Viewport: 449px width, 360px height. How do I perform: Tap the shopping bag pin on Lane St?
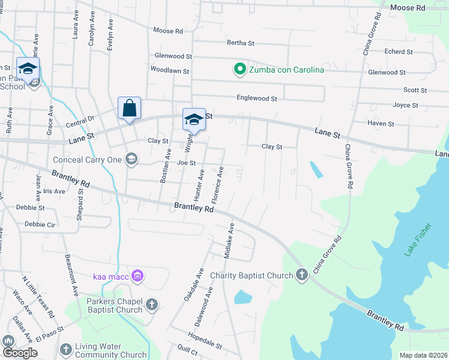click(129, 109)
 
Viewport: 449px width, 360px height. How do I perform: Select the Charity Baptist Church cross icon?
click(301, 275)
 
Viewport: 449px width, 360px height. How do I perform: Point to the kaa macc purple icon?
click(137, 276)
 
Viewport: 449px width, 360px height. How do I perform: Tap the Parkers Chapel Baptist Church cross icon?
click(151, 305)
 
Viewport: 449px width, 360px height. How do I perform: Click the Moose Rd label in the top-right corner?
click(407, 8)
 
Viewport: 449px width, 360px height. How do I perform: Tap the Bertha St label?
click(241, 43)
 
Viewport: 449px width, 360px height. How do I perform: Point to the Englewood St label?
click(256, 98)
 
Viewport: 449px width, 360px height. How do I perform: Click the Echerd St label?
click(398, 52)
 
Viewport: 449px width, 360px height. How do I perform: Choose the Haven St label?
click(381, 124)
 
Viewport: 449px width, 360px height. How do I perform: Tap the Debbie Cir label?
click(40, 224)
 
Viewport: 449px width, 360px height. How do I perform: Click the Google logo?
click(20, 353)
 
